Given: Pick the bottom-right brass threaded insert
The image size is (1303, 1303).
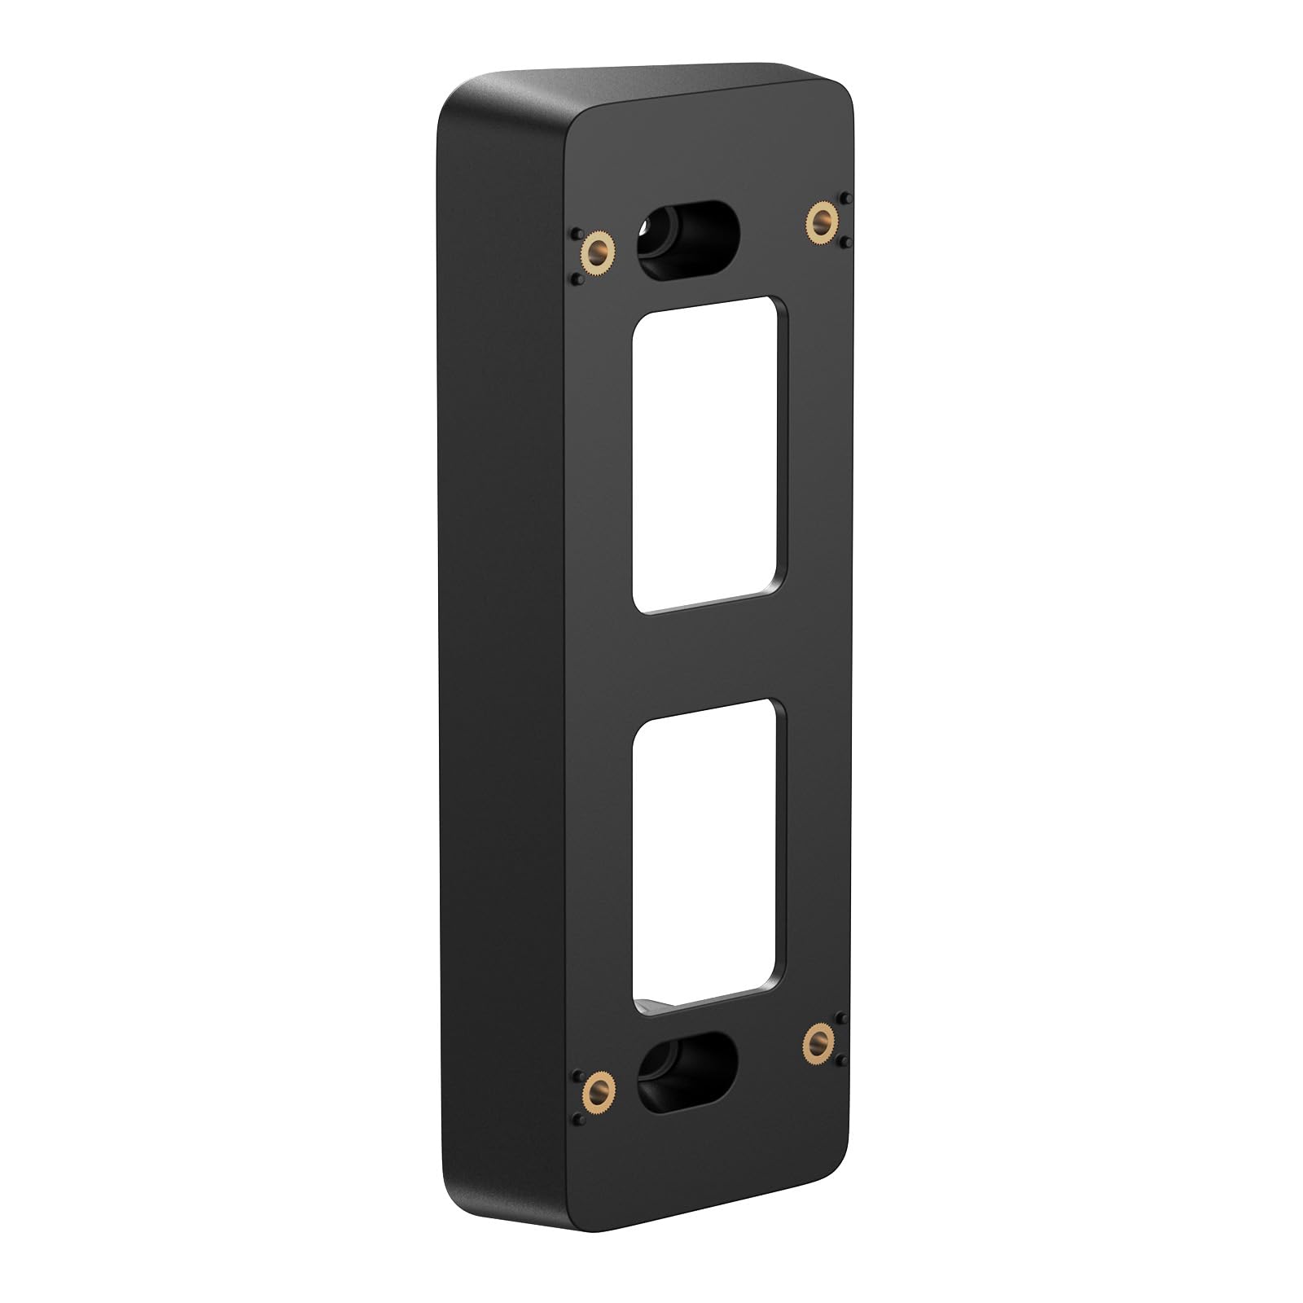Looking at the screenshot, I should click(821, 1039).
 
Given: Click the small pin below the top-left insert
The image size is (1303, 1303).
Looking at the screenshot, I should click(577, 279).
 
